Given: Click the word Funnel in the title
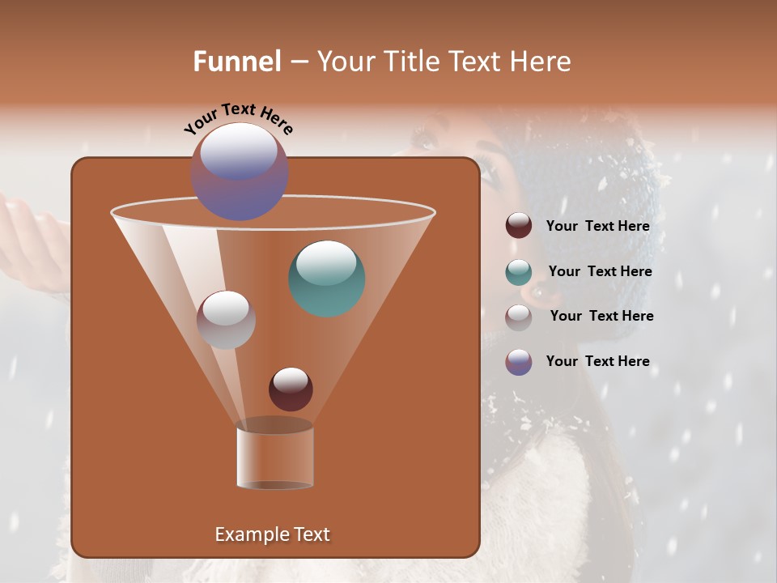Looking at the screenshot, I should click(x=236, y=62).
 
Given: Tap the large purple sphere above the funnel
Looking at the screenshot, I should click(x=239, y=172).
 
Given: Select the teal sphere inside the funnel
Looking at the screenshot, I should click(x=326, y=279).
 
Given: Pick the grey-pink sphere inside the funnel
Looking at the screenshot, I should click(x=226, y=320).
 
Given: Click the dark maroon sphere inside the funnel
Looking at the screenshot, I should click(x=291, y=389).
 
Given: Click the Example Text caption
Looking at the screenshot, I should click(x=272, y=534).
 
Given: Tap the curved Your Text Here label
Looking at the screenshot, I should click(x=238, y=118).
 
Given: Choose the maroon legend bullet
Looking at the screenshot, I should click(x=518, y=226).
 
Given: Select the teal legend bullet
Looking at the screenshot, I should click(x=518, y=272).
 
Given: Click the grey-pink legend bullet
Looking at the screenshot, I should click(x=518, y=317).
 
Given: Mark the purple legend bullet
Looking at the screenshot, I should click(x=518, y=362).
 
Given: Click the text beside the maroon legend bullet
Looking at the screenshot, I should click(x=597, y=227).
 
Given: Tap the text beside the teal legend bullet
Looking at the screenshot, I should click(x=600, y=272).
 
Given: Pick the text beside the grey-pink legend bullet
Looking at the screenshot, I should click(x=601, y=317).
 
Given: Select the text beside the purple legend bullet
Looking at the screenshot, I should click(x=597, y=362).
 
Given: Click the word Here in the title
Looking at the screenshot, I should click(x=541, y=62).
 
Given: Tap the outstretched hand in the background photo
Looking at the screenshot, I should click(x=32, y=235).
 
